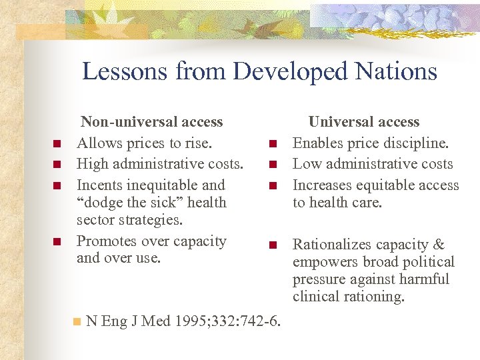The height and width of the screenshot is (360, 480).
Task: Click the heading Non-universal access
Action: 151,122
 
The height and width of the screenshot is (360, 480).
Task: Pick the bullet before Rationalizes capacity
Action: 272,245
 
